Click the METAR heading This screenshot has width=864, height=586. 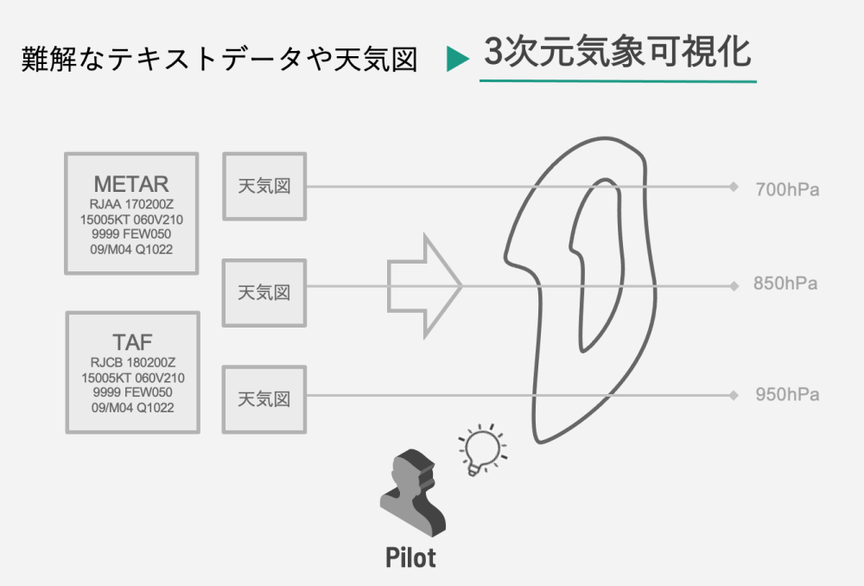pyautogui.click(x=131, y=184)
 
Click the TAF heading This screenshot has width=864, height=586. pyautogui.click(x=132, y=342)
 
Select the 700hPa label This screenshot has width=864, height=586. pyautogui.click(x=786, y=189)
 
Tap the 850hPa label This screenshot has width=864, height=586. pyautogui.click(x=785, y=284)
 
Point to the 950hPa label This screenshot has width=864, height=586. pyautogui.click(x=786, y=395)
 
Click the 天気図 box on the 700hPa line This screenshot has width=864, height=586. pyautogui.click(x=264, y=187)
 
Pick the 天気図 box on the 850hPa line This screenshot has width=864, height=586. pyautogui.click(x=264, y=292)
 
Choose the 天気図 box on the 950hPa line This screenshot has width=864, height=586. pyautogui.click(x=264, y=399)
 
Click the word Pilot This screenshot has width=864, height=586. pyautogui.click(x=410, y=557)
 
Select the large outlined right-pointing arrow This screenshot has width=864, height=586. pyautogui.click(x=424, y=284)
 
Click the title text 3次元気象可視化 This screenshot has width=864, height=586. pyautogui.click(x=618, y=54)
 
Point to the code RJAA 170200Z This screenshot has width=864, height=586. pyautogui.click(x=131, y=205)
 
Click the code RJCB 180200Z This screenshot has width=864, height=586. pyautogui.click(x=132, y=362)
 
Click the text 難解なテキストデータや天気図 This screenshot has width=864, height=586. pyautogui.click(x=219, y=60)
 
